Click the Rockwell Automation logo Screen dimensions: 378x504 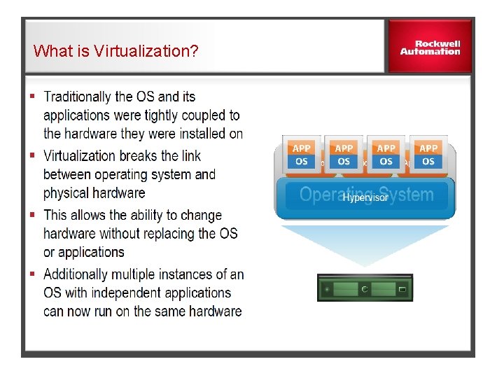point(430,47)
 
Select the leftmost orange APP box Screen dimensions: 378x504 point(302,148)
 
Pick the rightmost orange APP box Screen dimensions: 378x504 point(428,148)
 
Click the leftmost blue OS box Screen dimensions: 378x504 point(302,162)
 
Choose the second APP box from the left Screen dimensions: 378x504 point(344,148)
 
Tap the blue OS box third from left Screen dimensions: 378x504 point(386,162)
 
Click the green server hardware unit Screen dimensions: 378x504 point(365,288)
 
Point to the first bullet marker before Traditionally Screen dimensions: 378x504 point(32,94)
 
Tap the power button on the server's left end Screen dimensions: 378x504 point(326,288)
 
